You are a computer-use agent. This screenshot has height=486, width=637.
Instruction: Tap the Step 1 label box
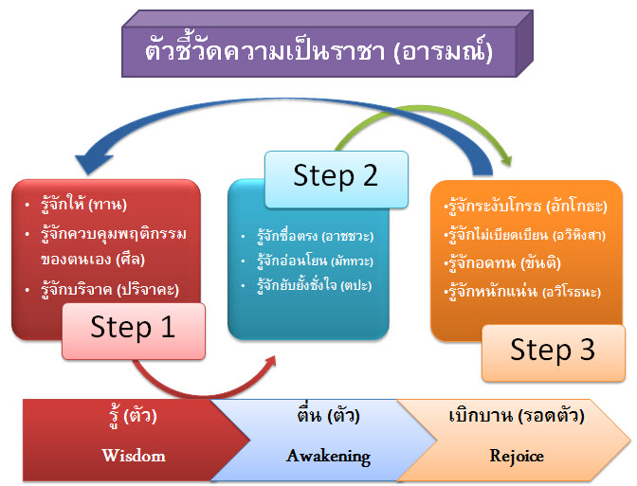[x=134, y=327]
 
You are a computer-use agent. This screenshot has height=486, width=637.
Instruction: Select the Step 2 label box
[x=336, y=176]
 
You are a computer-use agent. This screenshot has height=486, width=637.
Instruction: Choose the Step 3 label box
[x=553, y=351]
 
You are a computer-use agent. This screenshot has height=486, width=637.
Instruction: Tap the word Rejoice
[x=517, y=456]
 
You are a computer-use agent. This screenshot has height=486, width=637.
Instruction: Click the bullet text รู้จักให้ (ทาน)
[x=84, y=204]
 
